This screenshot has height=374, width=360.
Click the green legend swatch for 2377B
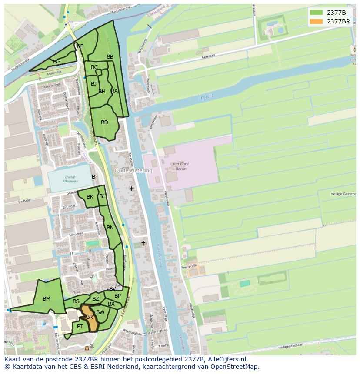click(x=316, y=13)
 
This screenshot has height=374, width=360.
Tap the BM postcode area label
click(x=47, y=299)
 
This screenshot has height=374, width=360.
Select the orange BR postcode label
click(x=90, y=317)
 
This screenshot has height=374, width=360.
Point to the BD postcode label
click(x=104, y=122)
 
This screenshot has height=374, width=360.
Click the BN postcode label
click(x=110, y=228)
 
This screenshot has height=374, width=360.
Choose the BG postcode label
click(x=57, y=62)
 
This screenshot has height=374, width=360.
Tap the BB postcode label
click(x=110, y=57)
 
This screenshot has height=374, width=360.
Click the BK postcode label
click(x=90, y=197)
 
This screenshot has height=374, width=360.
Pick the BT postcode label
click(x=80, y=327)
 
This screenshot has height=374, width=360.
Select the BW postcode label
click(x=100, y=312)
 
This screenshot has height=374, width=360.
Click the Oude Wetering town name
click(x=133, y=171)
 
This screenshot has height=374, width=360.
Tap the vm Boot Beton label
click(x=180, y=166)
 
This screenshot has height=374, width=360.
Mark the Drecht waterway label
click(x=207, y=98)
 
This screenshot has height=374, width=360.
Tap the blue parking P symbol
click(x=43, y=325)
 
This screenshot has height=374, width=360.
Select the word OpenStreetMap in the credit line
click(x=235, y=367)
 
